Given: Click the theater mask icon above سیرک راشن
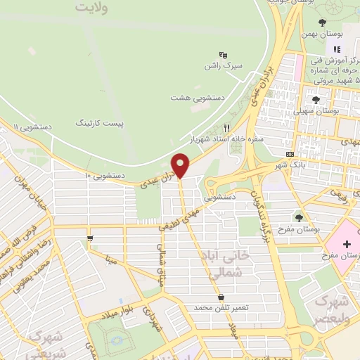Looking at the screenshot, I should pos(223,54).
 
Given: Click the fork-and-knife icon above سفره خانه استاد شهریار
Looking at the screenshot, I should pos(226,128).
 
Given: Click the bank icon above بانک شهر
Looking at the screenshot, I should pos(290,154).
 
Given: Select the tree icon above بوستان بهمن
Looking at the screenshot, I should pos(322,22).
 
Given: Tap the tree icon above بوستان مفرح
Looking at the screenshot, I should pos(300,218).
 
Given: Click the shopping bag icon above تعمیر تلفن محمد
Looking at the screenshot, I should pos(221,297).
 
